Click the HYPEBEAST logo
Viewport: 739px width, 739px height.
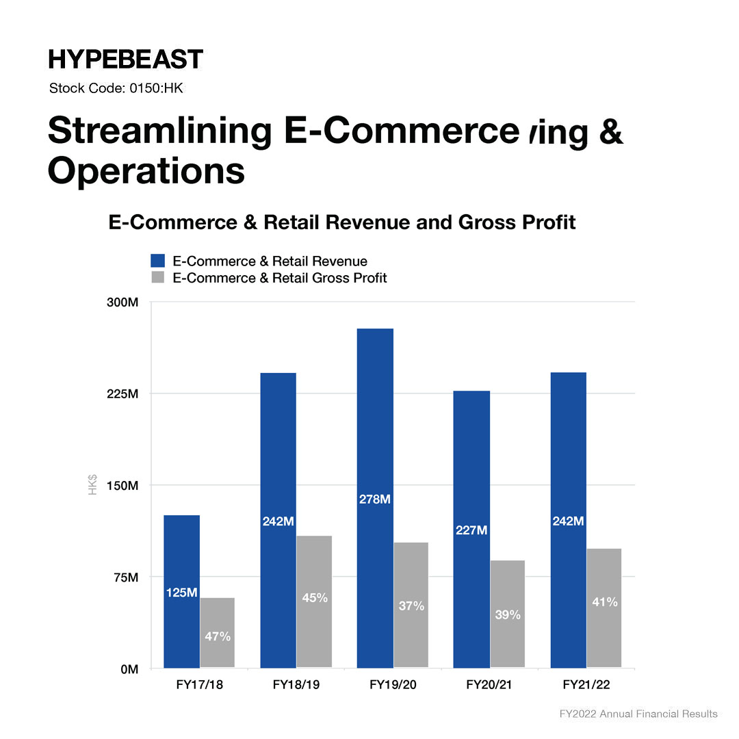pyautogui.click(x=126, y=60)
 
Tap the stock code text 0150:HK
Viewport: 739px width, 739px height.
pyautogui.click(x=116, y=88)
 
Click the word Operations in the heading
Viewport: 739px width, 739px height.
pyautogui.click(x=146, y=171)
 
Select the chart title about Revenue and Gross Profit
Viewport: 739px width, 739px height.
pyautogui.click(x=342, y=222)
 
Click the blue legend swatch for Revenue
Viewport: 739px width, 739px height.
pyautogui.click(x=158, y=261)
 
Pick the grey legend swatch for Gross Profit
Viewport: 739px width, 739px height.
pyautogui.click(x=158, y=278)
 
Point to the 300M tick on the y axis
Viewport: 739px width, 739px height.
pyautogui.click(x=122, y=302)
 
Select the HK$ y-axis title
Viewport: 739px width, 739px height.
pyautogui.click(x=92, y=485)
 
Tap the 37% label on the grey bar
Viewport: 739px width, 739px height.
pyautogui.click(x=411, y=606)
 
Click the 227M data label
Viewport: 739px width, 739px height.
pyautogui.click(x=471, y=530)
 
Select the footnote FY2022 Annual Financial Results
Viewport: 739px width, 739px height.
pyautogui.click(x=638, y=714)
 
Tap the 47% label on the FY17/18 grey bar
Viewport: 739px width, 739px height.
pyautogui.click(x=218, y=636)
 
